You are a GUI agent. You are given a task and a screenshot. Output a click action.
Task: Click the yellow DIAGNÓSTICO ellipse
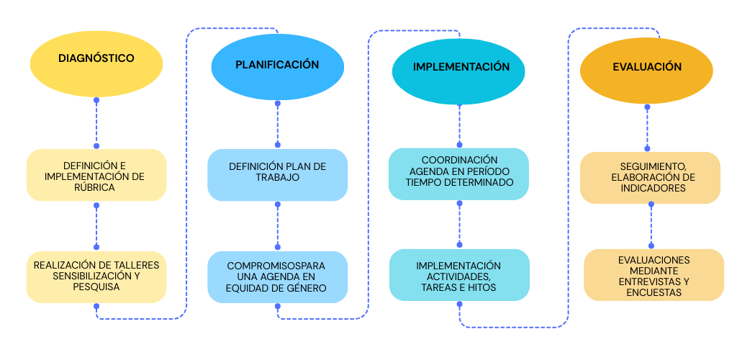[96, 59]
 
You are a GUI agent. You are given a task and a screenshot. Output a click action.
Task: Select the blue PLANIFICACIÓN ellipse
[277, 66]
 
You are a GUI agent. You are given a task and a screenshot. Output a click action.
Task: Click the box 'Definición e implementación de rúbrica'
[96, 175]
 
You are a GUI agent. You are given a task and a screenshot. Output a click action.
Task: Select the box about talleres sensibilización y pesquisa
[96, 276]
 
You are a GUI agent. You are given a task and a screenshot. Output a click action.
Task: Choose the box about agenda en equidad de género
[277, 277]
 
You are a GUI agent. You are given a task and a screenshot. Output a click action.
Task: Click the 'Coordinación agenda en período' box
[459, 173]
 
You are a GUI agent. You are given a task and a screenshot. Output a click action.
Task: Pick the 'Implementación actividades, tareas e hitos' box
[459, 275]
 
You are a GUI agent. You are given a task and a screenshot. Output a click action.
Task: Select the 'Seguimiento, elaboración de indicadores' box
[650, 177]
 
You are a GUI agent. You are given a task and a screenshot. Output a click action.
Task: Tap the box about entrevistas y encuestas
[654, 275]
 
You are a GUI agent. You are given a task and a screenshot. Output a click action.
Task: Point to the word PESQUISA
[96, 287]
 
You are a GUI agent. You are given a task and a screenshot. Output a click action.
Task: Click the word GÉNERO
[304, 288]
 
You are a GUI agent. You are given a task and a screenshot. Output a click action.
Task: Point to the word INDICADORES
[648, 188]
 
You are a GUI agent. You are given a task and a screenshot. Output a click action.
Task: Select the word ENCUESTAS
[654, 292]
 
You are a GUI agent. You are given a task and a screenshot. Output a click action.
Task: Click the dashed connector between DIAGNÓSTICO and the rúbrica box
[96, 123]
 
